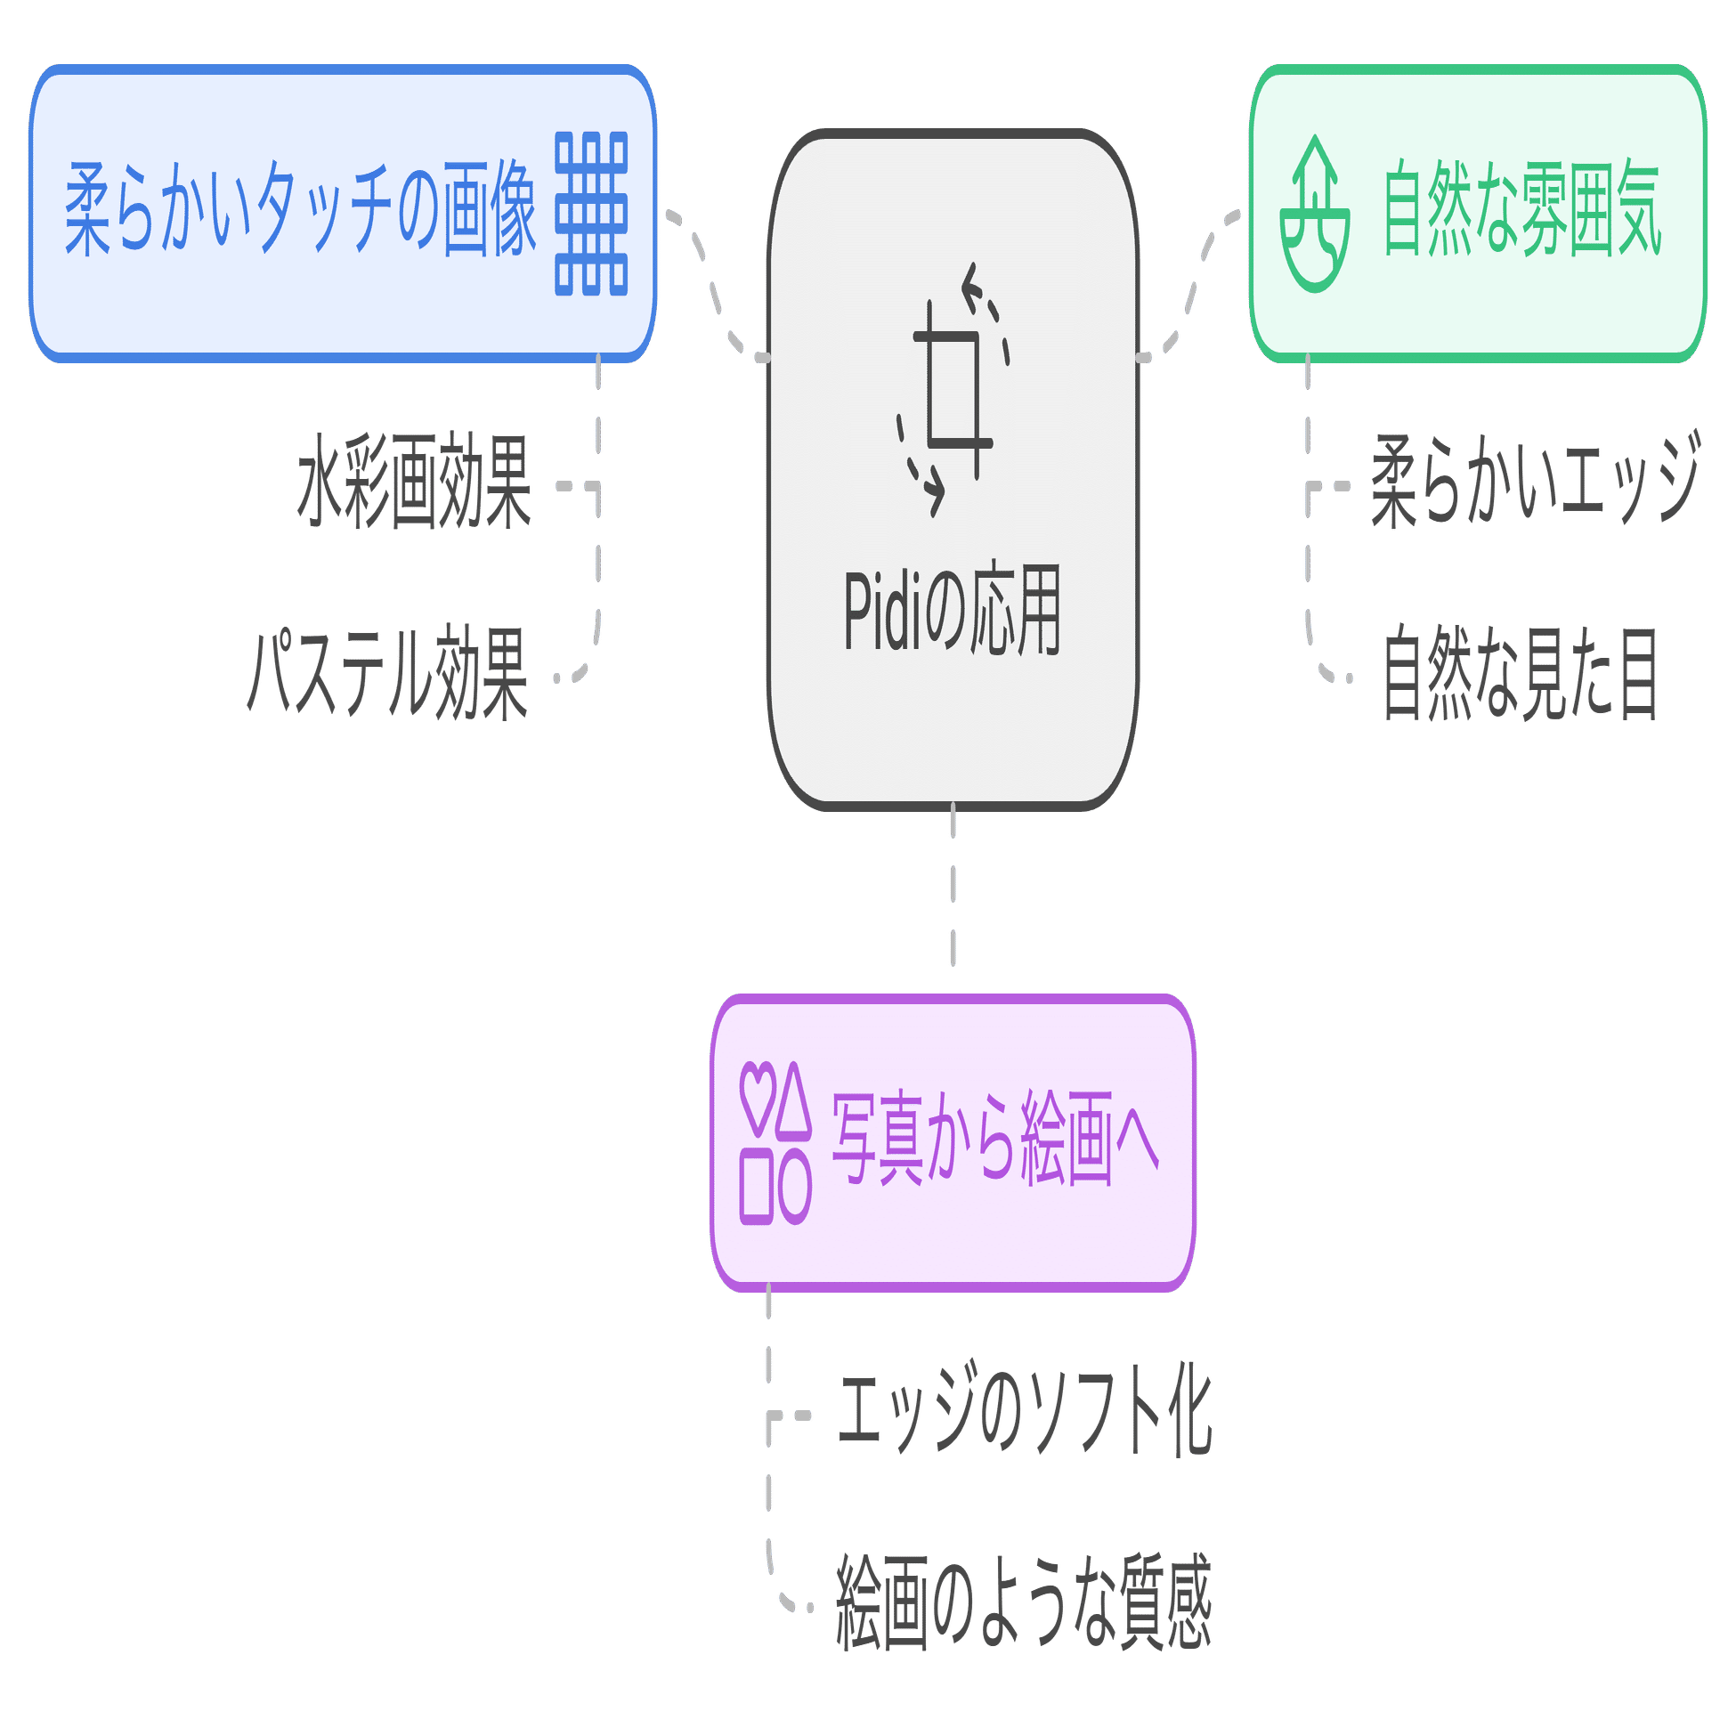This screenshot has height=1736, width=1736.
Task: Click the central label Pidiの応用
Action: [953, 610]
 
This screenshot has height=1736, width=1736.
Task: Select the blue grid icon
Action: [591, 214]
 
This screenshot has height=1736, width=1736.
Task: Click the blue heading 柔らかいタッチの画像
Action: [300, 209]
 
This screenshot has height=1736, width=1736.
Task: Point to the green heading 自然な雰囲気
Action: [1522, 209]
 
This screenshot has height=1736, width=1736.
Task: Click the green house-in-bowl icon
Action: [1315, 214]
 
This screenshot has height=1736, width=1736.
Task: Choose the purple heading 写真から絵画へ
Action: [995, 1140]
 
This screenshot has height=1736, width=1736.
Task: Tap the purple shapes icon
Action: [775, 1144]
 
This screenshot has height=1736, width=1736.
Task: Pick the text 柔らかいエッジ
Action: [1536, 481]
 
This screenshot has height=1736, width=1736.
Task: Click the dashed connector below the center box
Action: [953, 884]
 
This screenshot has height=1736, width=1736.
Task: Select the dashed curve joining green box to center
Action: [1189, 286]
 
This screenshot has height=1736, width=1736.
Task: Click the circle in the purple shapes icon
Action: [794, 1188]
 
